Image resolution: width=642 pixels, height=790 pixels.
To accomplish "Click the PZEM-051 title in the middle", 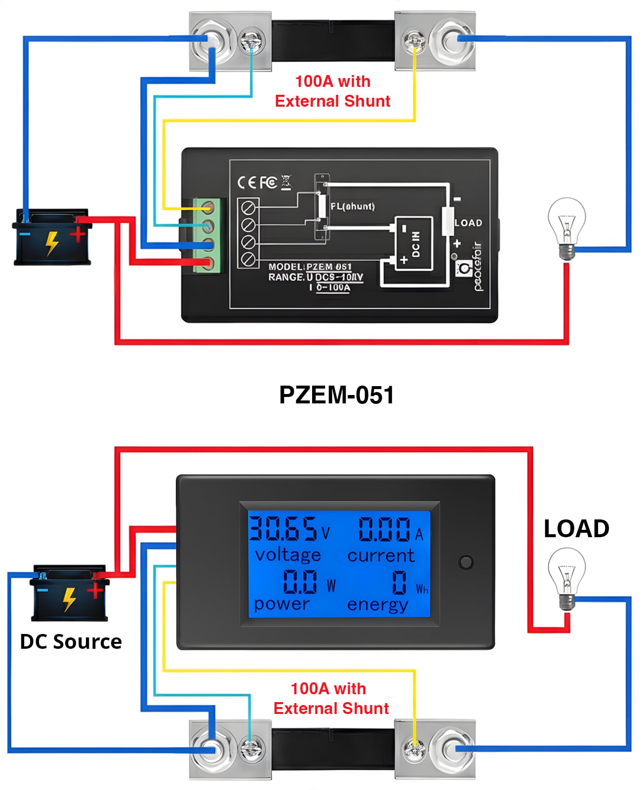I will point(336,395).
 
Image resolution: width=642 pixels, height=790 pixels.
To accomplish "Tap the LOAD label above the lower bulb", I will point(576,529).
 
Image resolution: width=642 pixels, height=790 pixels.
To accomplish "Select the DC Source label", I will point(71,641).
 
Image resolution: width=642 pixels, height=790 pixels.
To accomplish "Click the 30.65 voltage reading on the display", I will point(283,528).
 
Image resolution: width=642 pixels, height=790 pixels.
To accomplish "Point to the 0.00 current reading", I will point(384,529).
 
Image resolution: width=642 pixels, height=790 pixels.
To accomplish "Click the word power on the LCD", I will point(281,604).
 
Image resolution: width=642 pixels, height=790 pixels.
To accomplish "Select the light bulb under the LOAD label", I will point(567,578).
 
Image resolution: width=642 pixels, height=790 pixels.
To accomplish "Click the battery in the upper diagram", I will point(52,237).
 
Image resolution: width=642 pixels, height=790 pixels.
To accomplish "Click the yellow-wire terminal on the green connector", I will point(210,208).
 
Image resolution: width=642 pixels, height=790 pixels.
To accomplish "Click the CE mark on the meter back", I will point(246,183).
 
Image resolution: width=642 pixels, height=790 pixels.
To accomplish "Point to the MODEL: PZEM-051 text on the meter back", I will point(310,267).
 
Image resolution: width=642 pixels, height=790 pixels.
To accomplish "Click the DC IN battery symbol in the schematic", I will point(414,243).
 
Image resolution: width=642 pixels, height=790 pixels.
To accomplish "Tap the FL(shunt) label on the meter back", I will point(353,206).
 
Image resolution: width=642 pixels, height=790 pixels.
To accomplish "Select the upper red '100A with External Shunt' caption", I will point(332,91).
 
